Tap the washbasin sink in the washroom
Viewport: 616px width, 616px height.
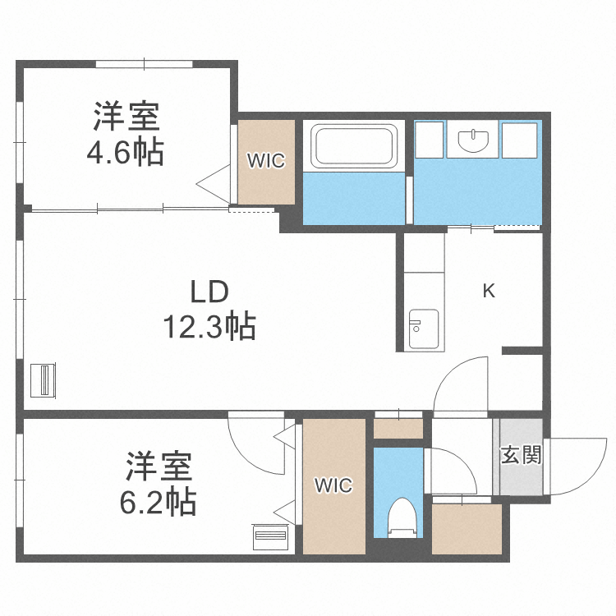point(473,140)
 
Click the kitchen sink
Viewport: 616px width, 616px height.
point(424,329)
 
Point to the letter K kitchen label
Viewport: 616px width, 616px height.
point(489,291)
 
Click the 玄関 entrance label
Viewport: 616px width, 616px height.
point(522,455)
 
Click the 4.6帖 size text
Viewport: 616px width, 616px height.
point(126,153)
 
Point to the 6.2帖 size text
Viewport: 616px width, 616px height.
point(159,500)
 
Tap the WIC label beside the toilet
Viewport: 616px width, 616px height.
point(333,486)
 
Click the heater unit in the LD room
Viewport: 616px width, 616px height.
point(43,379)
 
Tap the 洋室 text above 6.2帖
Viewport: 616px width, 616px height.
point(159,466)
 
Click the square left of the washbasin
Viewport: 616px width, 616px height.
point(430,140)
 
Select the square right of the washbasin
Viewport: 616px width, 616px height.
point(518,140)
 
